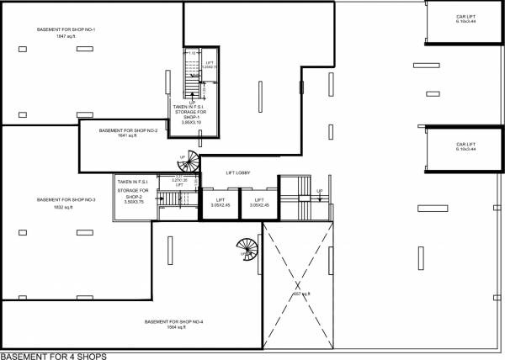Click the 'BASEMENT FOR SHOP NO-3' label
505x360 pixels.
[x=66, y=199]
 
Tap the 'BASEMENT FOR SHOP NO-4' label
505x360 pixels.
[x=173, y=322]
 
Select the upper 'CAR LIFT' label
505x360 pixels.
[x=465, y=17]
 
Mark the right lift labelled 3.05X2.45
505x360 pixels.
[x=259, y=203]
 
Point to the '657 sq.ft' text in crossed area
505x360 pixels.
[x=301, y=294]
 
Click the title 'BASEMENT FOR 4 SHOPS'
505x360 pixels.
[x=54, y=356]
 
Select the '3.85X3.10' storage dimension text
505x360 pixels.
[x=192, y=123]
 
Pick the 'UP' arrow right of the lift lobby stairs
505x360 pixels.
[x=320, y=193]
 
